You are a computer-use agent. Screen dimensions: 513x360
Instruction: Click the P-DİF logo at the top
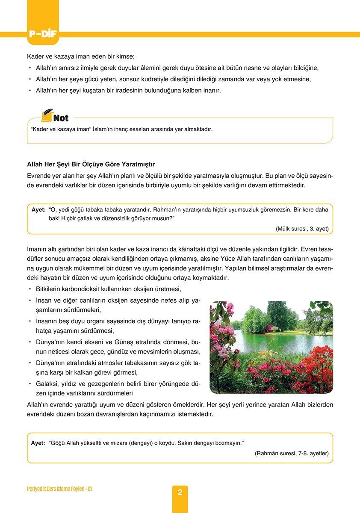[x=44, y=34]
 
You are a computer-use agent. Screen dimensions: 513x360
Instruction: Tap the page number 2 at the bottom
[x=180, y=492]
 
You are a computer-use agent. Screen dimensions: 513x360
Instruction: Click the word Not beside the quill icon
[x=61, y=118]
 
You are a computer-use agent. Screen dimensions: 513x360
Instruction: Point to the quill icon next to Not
[x=47, y=115]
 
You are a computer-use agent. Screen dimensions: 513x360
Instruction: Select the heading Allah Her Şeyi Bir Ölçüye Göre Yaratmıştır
[x=91, y=164]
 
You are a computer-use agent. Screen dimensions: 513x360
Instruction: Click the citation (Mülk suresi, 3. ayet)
[x=302, y=229]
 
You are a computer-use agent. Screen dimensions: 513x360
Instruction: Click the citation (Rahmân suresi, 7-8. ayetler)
[x=292, y=453]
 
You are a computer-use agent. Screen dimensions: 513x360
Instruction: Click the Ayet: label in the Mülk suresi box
[x=38, y=210]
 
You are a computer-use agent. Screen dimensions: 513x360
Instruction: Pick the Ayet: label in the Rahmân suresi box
[x=38, y=443]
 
